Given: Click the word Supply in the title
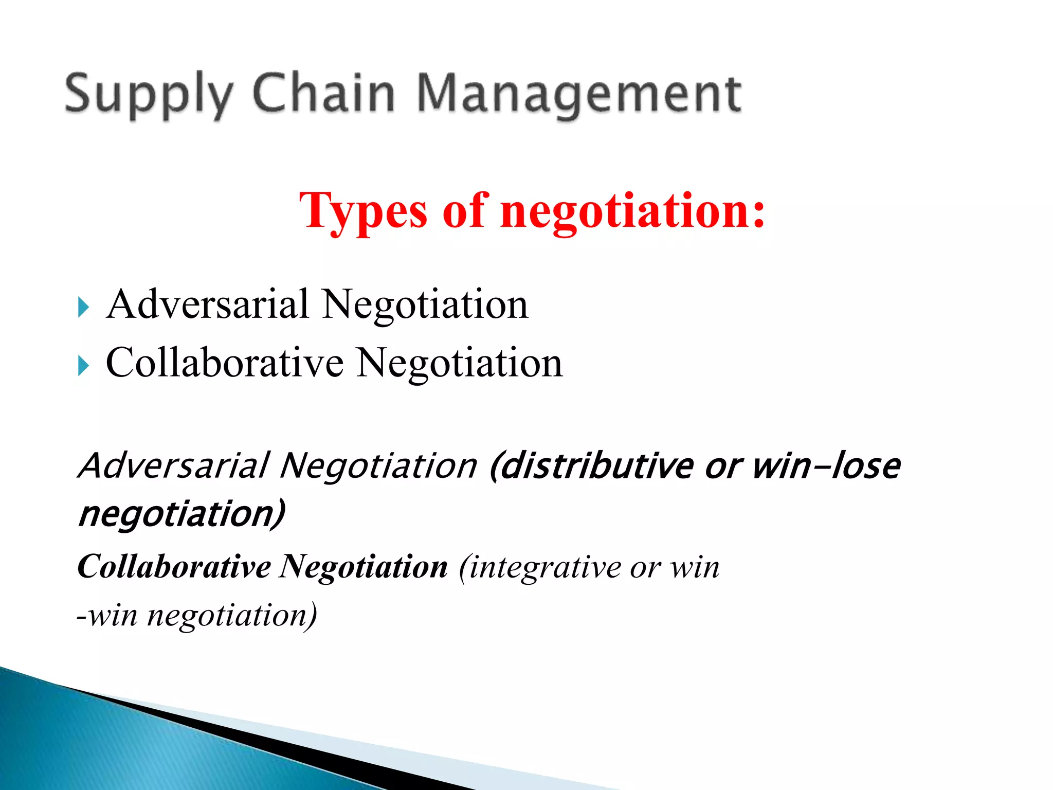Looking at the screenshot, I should (149, 94).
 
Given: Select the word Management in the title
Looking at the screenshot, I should (579, 94).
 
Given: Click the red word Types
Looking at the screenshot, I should (363, 211).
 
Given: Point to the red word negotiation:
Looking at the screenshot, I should (633, 211).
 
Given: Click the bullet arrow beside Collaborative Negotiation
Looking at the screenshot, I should (83, 366).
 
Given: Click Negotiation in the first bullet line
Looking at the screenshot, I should (425, 304).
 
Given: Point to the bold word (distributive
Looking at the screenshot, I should (591, 466).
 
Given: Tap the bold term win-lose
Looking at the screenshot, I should (826, 466).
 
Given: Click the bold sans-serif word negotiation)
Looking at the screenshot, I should (181, 514).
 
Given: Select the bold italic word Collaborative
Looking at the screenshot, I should (174, 567).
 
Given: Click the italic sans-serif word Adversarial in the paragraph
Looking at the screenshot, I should (174, 466).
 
